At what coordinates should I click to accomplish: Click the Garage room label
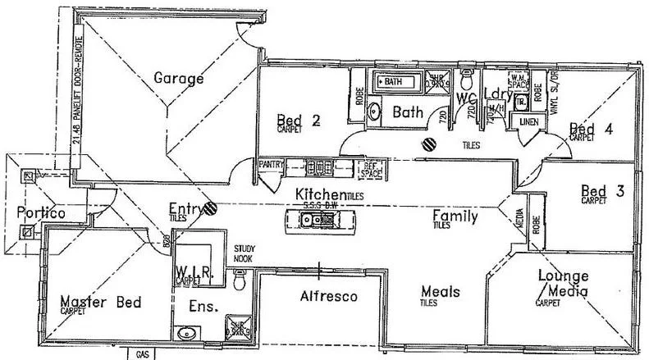pos(178,79)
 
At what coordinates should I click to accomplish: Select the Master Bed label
pos(100,303)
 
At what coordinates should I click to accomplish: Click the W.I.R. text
pos(194,271)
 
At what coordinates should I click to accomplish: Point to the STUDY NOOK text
pos(245,253)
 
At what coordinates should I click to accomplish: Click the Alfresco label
pos(328,296)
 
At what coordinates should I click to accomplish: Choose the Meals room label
pos(440,292)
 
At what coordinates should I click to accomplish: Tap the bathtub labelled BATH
pos(395,82)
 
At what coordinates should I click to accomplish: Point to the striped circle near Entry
pos(211,209)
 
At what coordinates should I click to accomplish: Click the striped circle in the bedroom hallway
pos(429,144)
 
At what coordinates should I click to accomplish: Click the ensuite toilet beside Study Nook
pos(240,281)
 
